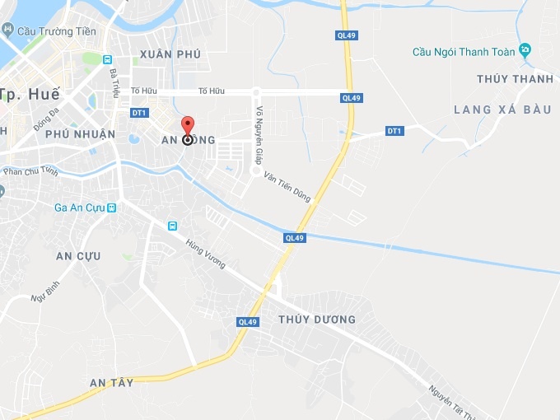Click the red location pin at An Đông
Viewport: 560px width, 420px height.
[188, 128]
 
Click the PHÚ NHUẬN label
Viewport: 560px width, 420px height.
[80, 133]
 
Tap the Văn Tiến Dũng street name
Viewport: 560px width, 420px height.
[287, 187]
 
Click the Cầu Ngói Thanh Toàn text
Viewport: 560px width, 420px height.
[464, 52]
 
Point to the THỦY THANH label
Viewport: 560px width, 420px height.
[515, 79]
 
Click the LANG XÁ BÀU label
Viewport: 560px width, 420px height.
[496, 110]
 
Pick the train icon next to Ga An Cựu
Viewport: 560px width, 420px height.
[111, 208]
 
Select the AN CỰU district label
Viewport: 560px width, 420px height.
[78, 256]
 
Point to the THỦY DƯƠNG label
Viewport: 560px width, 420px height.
[317, 320]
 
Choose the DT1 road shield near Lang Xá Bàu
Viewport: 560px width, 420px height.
[394, 131]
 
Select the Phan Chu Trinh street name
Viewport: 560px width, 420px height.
[30, 171]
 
